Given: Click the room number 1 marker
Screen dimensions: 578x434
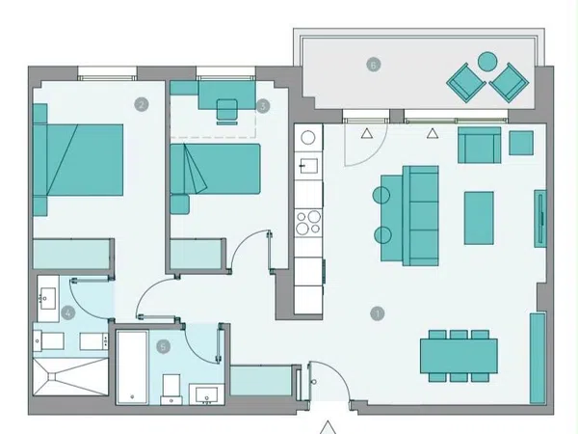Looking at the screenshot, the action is tap(377, 314).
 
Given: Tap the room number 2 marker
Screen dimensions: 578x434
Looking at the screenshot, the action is tap(142, 105).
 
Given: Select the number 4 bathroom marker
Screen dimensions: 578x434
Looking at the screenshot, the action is tap(67, 313).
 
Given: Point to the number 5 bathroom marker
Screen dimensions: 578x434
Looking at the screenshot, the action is tap(164, 346).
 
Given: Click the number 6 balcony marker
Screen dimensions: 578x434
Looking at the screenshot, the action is tap(374, 65).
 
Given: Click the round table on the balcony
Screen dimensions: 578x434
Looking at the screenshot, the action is tap(487, 62).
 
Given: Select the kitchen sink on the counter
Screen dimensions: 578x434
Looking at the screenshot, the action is tap(308, 166).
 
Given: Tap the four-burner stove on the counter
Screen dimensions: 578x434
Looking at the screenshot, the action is tap(308, 222).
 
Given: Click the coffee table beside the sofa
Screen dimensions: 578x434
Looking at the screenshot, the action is tap(479, 218).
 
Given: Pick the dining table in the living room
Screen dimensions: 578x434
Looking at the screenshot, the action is tap(459, 356).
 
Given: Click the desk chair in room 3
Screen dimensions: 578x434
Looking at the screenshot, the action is tap(226, 112).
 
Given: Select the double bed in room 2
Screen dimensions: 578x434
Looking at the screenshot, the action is tap(78, 159).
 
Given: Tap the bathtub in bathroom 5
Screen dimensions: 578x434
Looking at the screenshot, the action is tap(132, 366).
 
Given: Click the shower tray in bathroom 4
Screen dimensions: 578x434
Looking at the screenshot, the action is tap(70, 376).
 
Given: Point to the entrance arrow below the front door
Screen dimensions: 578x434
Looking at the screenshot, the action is tap(328, 427).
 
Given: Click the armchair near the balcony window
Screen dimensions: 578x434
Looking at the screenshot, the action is tap(479, 145).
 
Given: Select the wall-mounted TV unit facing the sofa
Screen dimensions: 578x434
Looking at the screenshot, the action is tap(540, 219).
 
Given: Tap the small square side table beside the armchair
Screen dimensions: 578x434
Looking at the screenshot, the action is tap(521, 143).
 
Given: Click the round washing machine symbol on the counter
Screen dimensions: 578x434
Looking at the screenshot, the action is tap(308, 138).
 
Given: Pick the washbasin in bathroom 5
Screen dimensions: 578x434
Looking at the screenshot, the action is tap(206, 394).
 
